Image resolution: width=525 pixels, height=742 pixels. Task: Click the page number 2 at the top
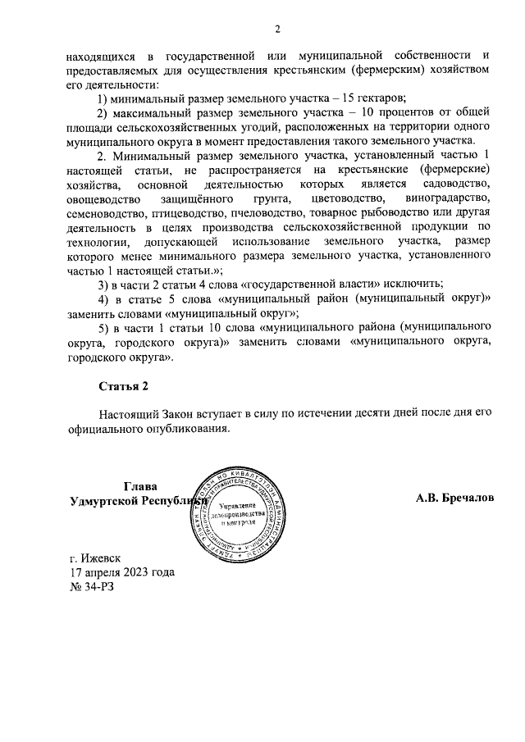click(x=278, y=30)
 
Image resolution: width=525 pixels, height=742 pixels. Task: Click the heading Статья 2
click(x=123, y=386)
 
